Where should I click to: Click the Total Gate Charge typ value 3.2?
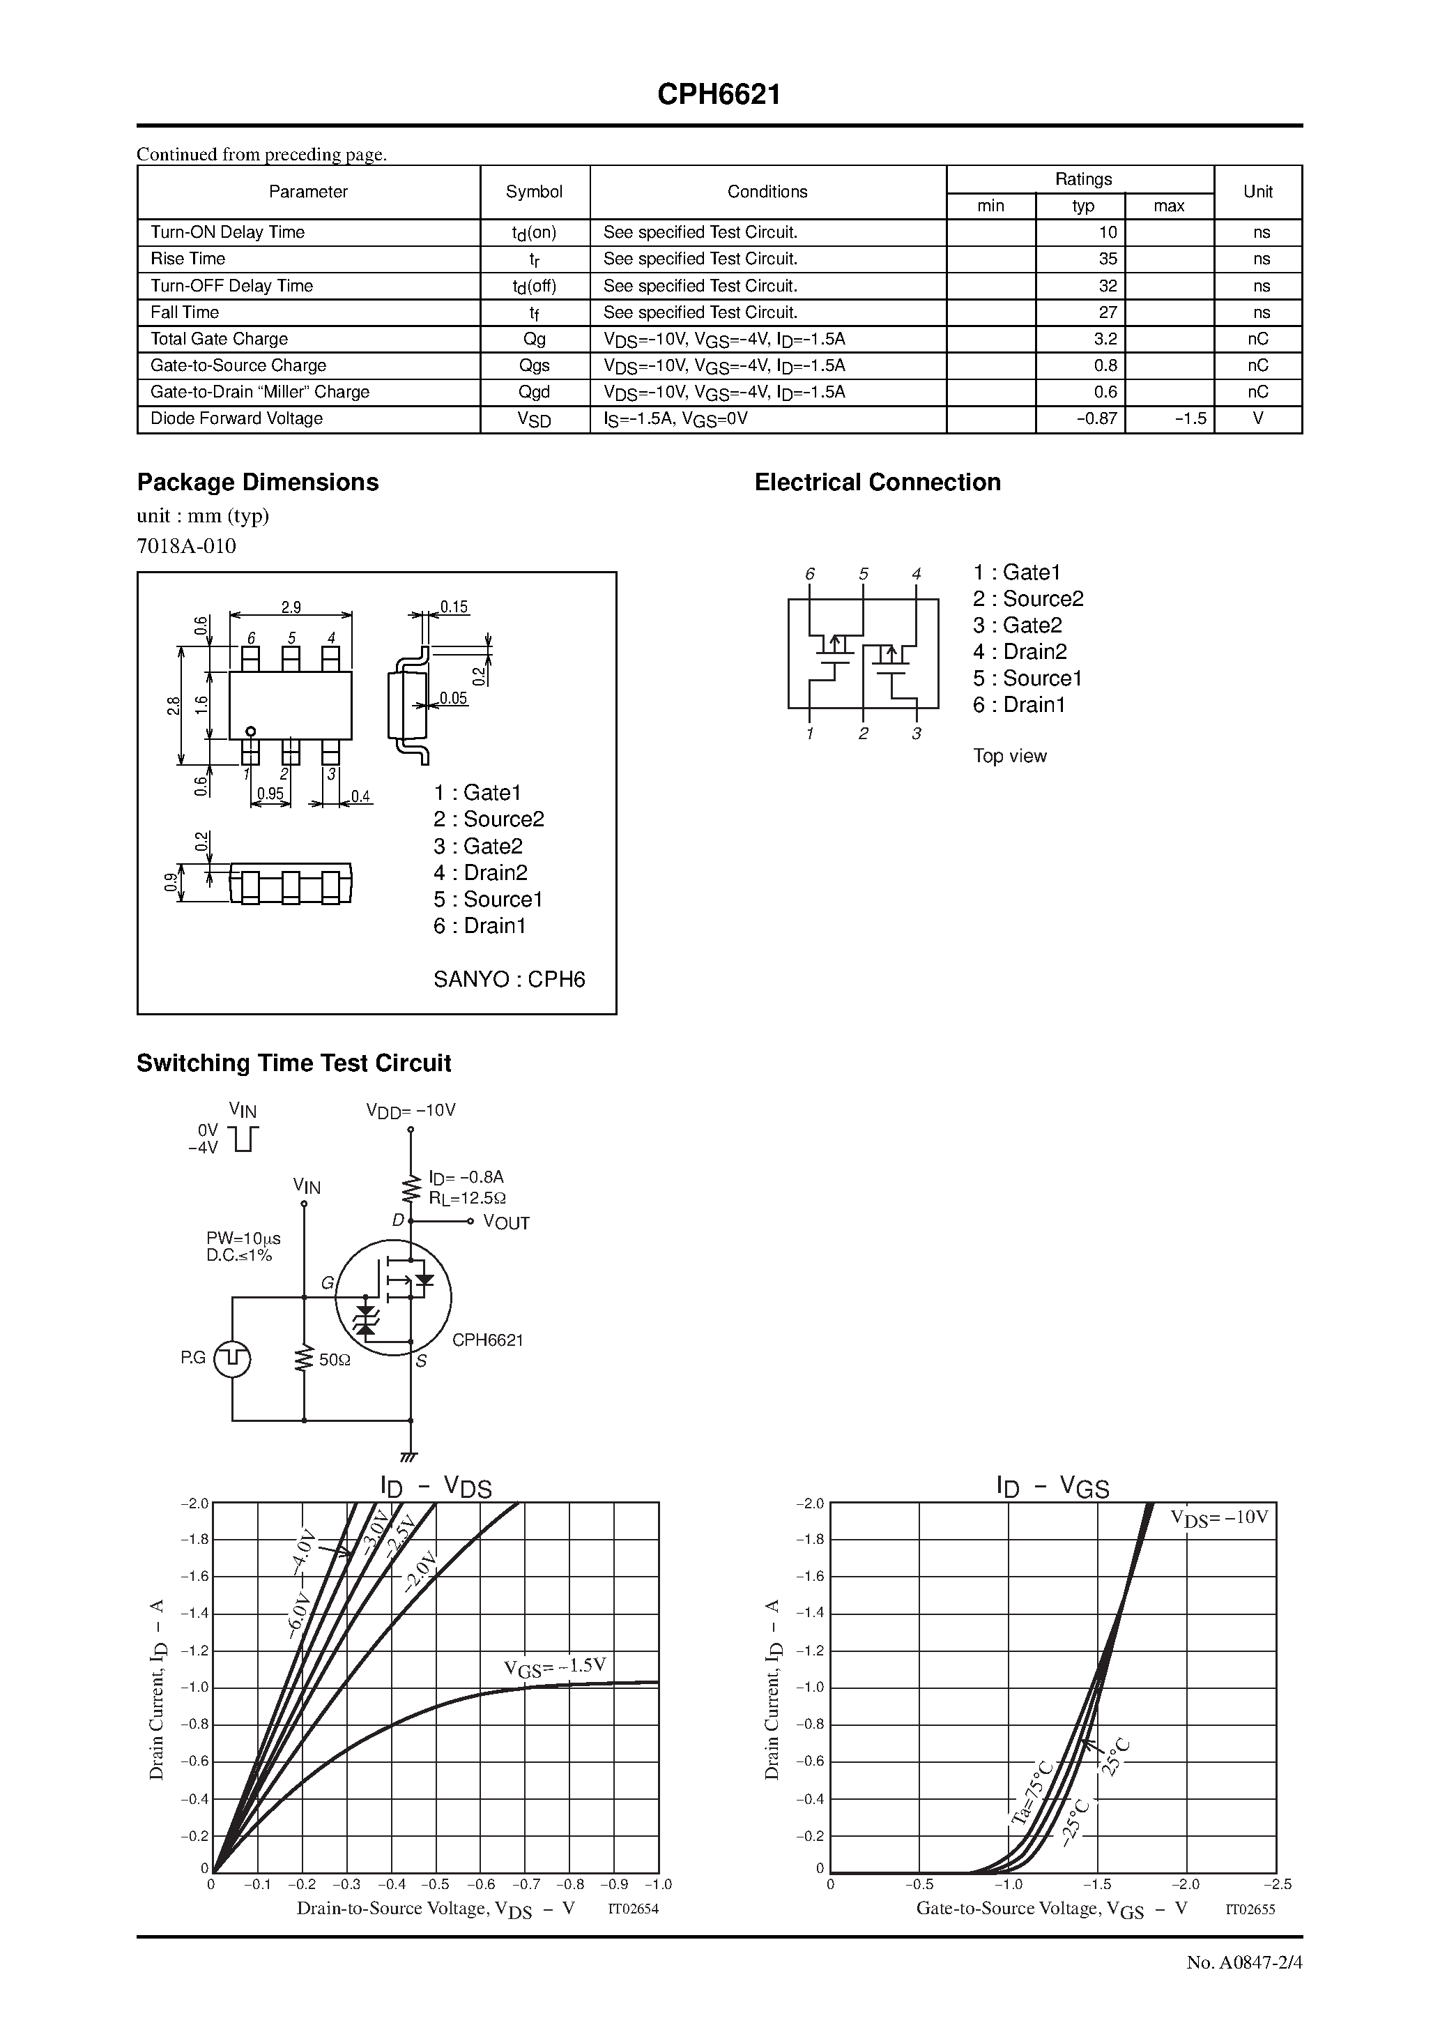[1105, 339]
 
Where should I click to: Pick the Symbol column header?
[534, 192]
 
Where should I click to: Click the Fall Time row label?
[185, 312]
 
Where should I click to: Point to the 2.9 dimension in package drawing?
[291, 607]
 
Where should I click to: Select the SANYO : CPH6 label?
[509, 980]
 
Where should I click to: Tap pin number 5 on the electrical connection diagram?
[863, 575]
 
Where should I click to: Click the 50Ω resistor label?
[335, 1360]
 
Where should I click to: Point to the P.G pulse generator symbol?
[233, 1358]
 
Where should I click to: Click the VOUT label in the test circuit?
[505, 1223]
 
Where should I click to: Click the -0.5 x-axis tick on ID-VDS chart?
[435, 1884]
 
